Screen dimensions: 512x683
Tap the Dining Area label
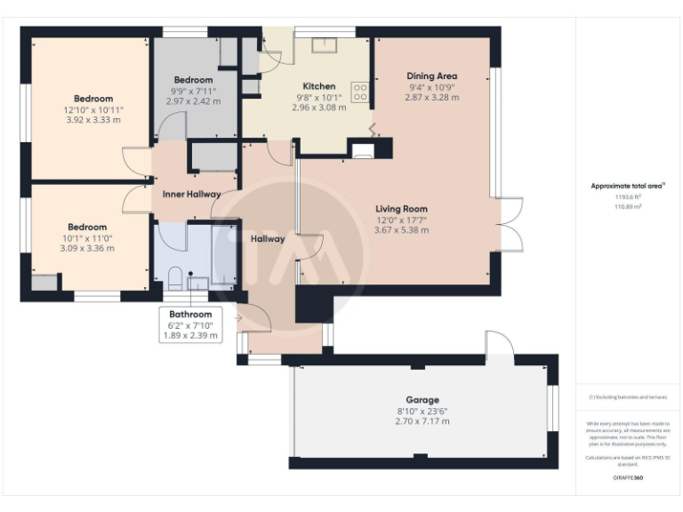[431, 76]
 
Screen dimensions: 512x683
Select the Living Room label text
[402, 209]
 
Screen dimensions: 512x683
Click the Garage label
[422, 400]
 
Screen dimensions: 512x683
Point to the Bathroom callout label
[191, 314]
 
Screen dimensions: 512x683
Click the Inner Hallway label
[191, 194]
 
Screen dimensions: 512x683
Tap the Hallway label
[267, 238]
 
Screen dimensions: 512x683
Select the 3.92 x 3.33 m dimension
[92, 119]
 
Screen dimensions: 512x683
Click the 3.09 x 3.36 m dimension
[87, 248]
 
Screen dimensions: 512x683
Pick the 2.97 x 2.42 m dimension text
[193, 101]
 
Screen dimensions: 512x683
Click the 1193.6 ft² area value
[628, 196]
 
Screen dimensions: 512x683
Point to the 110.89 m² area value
[628, 206]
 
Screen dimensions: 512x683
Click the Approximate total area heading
[628, 186]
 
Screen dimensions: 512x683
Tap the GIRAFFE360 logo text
[628, 477]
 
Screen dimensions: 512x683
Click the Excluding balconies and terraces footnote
[628, 397]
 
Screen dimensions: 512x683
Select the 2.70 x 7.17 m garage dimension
[422, 420]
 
